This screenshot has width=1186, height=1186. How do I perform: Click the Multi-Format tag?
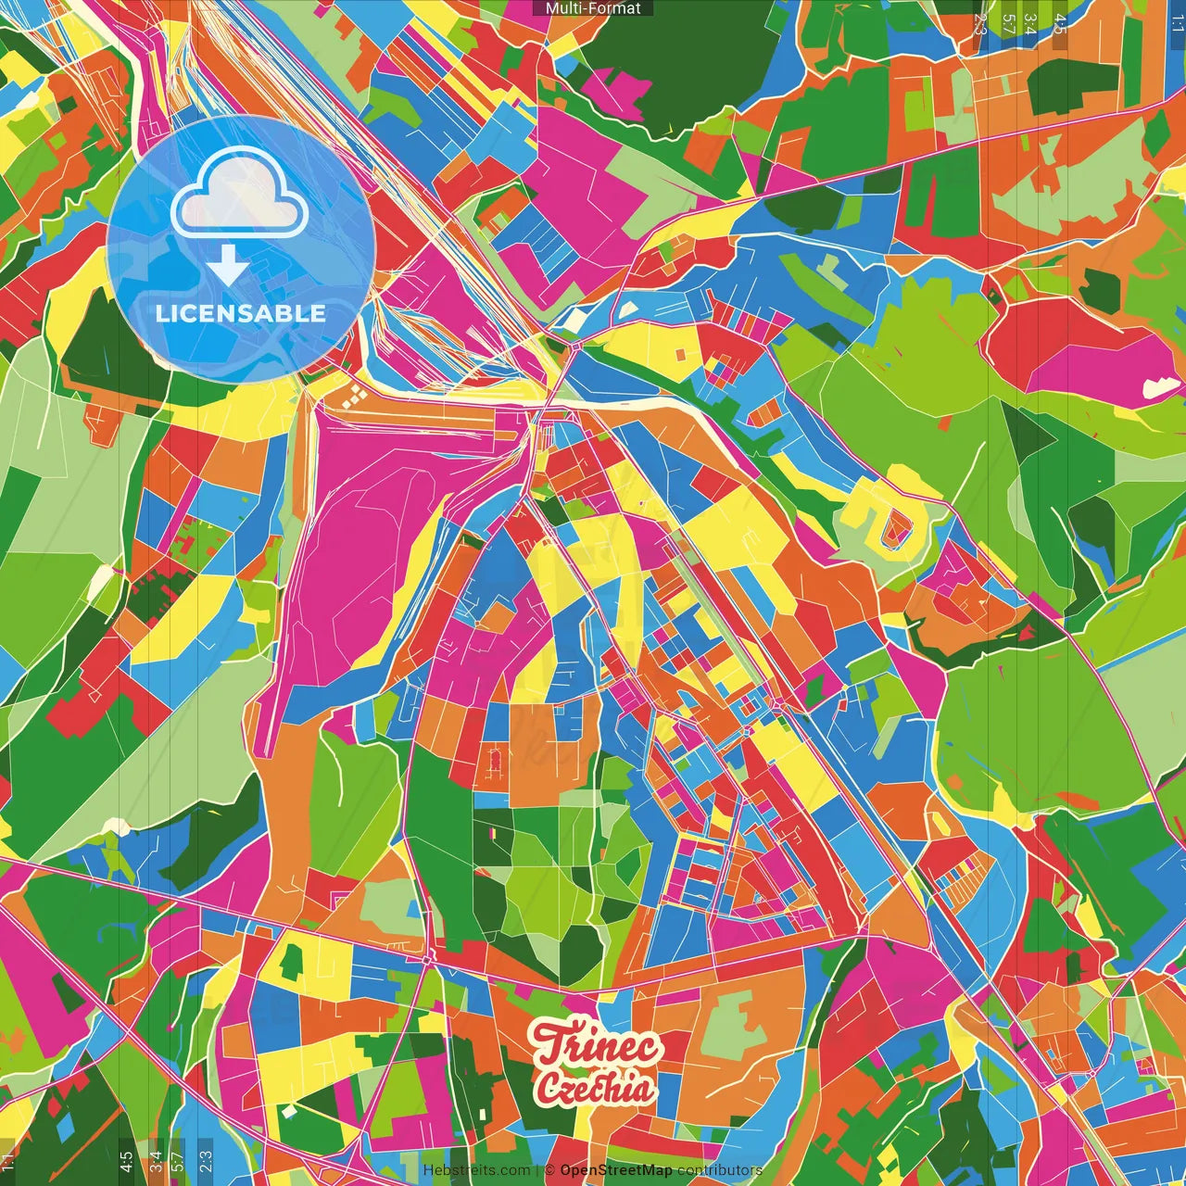pos(593,8)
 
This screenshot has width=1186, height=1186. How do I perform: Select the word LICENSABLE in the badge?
pos(241,313)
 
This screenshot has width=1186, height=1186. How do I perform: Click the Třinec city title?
pos(598,1046)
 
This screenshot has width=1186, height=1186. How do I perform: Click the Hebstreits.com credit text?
pos(476,1170)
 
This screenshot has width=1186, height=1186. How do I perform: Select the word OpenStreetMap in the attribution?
pos(616,1170)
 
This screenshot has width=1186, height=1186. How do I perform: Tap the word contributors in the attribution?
pos(720,1170)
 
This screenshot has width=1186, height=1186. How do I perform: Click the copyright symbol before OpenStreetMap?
pos(549,1170)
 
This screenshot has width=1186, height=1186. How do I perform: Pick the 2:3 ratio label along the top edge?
pos(980,24)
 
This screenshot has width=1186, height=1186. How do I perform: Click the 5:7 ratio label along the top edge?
pos(1008,24)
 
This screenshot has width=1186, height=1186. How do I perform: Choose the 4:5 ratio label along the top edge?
pos(1060,24)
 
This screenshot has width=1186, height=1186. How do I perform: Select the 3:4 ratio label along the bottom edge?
pos(155,1160)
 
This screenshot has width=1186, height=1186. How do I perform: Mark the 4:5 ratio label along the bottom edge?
pos(126,1160)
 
